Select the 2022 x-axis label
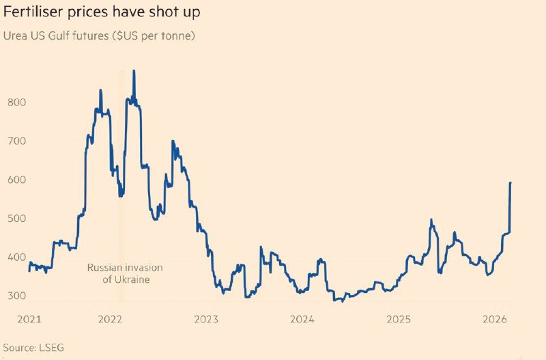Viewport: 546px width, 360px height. pos(110,319)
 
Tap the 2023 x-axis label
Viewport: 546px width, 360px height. pos(206,319)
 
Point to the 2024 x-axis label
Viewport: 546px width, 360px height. pos(302,319)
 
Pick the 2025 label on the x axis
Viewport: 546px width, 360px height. pos(398,319)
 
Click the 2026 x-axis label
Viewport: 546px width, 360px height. pos(493,319)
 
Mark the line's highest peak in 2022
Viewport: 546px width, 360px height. pos(133,70)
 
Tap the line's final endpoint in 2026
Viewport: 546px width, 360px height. pos(511,182)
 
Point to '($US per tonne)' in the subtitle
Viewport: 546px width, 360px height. pos(155,35)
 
